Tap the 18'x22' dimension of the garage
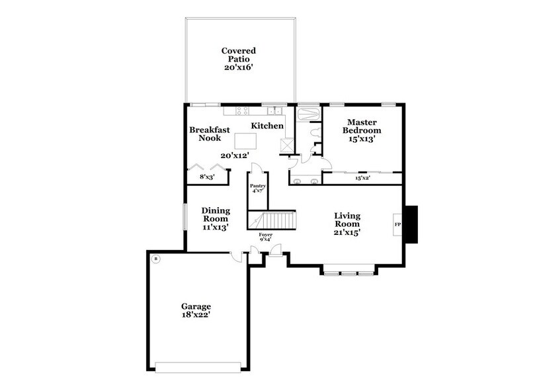[196, 316]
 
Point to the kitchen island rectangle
[246, 140]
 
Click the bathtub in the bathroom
[308, 113]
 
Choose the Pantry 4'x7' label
[257, 189]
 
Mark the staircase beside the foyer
[270, 220]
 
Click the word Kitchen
[267, 126]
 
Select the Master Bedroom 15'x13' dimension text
[361, 140]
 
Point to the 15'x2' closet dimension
[362, 179]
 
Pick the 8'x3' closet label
[208, 177]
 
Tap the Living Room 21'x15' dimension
[347, 232]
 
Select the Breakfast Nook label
[210, 134]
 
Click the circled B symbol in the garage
[155, 259]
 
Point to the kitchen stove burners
[272, 111]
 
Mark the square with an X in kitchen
[287, 145]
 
